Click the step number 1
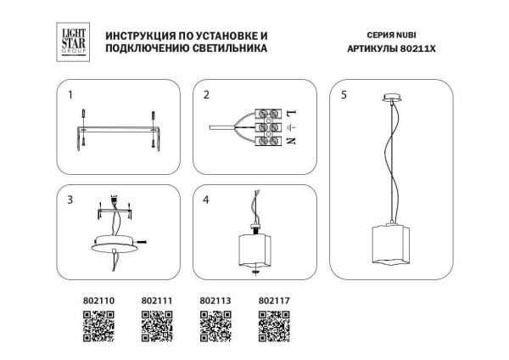(x=70, y=95)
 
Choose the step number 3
(x=70, y=200)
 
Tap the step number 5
(x=343, y=95)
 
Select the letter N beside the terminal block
(x=290, y=143)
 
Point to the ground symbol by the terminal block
(x=290, y=128)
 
